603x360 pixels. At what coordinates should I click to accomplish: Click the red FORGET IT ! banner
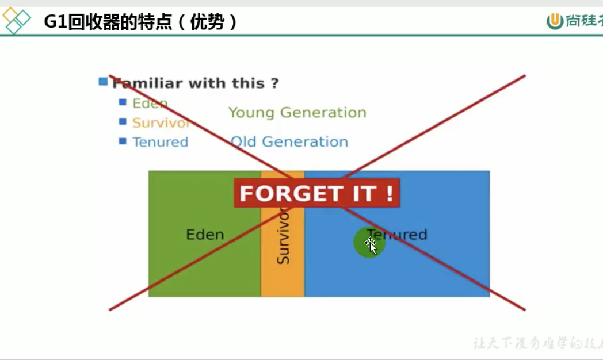tap(316, 193)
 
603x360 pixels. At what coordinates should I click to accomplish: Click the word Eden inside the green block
tap(205, 235)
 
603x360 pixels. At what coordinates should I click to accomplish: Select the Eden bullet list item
tap(150, 104)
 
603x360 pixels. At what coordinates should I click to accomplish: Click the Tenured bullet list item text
tap(160, 142)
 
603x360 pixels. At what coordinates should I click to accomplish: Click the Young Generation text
tap(297, 112)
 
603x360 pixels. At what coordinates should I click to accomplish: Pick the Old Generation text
tap(289, 141)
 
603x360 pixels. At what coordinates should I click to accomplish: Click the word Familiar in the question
tap(146, 83)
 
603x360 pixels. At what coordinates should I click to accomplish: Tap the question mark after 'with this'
tap(274, 83)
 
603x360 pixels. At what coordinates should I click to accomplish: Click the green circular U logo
tap(555, 21)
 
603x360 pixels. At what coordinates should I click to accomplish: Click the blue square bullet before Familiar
tap(104, 82)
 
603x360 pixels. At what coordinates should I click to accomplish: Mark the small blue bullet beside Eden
tap(123, 102)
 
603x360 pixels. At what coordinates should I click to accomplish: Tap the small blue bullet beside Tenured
tap(123, 141)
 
